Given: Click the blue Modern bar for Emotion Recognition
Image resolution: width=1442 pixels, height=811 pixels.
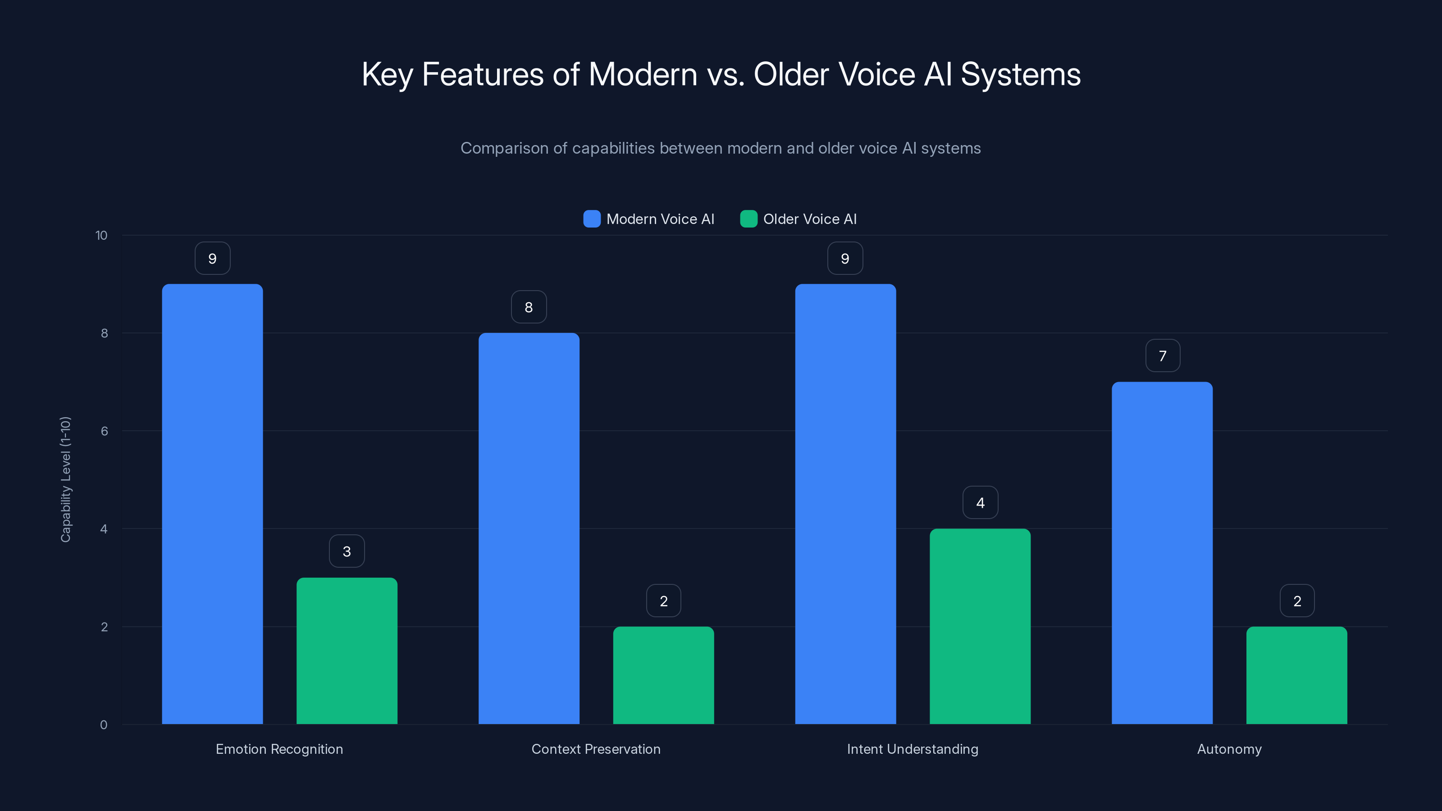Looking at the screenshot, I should (x=212, y=504).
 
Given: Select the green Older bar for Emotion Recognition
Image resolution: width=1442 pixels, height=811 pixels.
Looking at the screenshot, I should (x=347, y=651).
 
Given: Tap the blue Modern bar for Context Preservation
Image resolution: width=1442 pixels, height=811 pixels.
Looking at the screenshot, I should (x=529, y=529).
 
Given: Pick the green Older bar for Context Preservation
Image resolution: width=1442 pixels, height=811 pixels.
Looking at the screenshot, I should (x=663, y=675).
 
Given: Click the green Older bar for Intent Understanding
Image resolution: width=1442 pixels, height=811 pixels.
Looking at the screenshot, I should (x=980, y=626).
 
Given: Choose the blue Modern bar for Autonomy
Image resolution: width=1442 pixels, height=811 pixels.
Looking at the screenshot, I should (x=1162, y=553).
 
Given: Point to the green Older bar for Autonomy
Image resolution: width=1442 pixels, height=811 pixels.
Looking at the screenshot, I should (x=1296, y=675).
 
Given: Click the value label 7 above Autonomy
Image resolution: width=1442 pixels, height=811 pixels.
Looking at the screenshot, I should (x=1163, y=356).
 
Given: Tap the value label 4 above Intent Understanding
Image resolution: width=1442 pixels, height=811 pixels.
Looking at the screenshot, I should (x=980, y=503).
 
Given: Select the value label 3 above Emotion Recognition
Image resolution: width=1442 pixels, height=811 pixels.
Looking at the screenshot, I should (x=347, y=551).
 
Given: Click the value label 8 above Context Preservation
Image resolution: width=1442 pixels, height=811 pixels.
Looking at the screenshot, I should (x=529, y=307).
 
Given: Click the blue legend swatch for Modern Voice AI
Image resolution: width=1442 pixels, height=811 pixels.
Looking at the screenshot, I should (x=592, y=219).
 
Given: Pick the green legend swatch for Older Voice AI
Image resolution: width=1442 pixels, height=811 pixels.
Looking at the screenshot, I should (x=748, y=219).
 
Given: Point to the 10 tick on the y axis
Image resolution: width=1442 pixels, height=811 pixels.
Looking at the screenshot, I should (x=101, y=236).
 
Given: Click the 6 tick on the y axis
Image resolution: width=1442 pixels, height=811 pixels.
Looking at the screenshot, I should (x=104, y=431).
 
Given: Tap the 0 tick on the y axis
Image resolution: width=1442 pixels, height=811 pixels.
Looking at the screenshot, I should (x=104, y=725).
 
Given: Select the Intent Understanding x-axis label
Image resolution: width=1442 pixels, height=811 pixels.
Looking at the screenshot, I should (x=913, y=749).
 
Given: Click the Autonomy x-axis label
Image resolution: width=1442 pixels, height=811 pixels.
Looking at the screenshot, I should (x=1229, y=749).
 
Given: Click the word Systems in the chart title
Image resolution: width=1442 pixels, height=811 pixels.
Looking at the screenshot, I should (x=1021, y=74).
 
